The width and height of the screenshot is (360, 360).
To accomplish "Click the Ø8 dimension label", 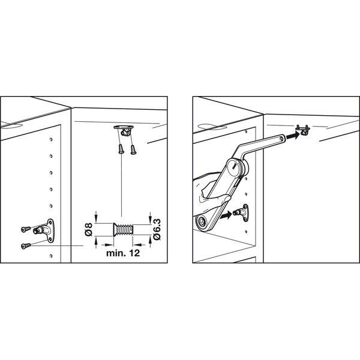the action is point(89,229).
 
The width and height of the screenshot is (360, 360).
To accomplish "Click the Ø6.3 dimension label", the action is point(157,230).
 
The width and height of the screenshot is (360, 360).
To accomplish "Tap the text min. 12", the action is point(123,253).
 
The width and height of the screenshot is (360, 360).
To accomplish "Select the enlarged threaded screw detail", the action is point(123,229).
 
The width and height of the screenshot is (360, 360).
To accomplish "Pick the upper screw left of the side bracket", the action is point(26,229).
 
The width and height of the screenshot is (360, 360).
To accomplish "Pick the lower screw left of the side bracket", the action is point(26,246).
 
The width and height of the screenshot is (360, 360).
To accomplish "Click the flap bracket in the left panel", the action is point(124,130).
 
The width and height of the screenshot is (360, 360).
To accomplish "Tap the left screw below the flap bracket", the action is point(121,149).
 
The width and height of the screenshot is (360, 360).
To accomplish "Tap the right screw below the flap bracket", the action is point(133,149).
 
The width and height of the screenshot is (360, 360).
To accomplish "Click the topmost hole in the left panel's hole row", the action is point(51,139).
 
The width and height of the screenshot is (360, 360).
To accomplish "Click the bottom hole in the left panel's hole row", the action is point(51,256).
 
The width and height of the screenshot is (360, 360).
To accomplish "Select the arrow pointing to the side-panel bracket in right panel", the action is point(226,216).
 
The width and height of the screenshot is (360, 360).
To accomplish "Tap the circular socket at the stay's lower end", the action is point(202,221).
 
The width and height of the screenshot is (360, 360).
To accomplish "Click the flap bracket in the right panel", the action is point(303,130).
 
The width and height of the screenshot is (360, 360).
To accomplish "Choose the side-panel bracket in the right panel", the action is point(242,213).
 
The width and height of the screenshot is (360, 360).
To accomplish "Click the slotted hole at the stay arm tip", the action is point(282,138).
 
